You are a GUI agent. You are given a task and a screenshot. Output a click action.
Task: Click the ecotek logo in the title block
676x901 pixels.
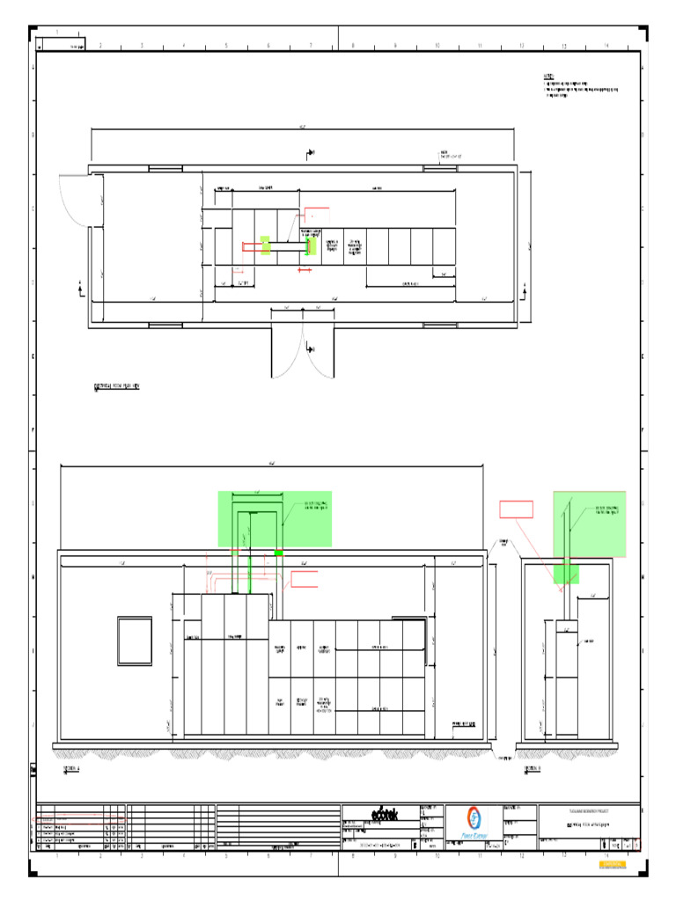384,815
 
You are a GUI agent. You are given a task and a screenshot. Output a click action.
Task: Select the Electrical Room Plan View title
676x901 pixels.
117,386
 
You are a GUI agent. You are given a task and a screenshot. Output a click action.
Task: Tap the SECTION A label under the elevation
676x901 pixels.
71,768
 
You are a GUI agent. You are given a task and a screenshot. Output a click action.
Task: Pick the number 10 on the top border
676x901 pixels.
437,46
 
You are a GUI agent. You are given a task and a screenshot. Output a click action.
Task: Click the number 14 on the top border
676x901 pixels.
606,46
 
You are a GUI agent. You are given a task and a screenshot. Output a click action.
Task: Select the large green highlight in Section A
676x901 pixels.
275,518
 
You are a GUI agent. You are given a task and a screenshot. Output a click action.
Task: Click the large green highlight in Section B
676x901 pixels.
589,524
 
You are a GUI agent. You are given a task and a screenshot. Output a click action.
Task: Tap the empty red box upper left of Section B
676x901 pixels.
516,508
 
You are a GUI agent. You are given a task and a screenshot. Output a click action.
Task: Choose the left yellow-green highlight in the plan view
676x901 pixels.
265,245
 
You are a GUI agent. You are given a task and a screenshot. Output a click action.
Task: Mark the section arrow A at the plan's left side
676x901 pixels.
81,285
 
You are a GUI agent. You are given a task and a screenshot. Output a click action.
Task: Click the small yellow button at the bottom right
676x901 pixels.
613,866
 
